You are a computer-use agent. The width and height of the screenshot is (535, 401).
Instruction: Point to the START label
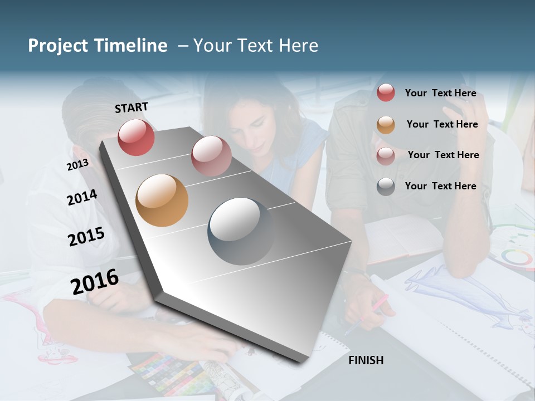[x=132, y=107]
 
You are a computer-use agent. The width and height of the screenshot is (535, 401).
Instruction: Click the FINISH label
[x=366, y=360]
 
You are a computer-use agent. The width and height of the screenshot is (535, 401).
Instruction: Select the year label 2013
[x=77, y=165]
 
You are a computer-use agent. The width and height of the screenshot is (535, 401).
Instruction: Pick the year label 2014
[x=82, y=197]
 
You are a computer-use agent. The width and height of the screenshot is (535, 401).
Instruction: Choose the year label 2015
[x=86, y=237]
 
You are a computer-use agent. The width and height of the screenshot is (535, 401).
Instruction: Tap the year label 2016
[x=95, y=281]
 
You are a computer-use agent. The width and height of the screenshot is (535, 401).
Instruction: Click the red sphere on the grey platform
[x=136, y=137]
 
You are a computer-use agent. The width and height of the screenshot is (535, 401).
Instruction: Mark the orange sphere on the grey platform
[x=162, y=200]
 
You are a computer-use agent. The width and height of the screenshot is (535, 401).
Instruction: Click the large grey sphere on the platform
[x=241, y=231]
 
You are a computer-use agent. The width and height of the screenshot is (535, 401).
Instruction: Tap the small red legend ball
[x=386, y=93]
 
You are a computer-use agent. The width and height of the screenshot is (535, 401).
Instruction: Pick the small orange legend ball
[x=386, y=125]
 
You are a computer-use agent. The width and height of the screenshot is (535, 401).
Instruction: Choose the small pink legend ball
[x=386, y=156]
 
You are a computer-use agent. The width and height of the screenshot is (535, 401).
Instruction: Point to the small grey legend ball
[x=386, y=187]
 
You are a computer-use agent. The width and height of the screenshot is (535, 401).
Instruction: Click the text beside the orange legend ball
[x=442, y=124]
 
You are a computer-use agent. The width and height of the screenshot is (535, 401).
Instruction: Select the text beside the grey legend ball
[x=440, y=186]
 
